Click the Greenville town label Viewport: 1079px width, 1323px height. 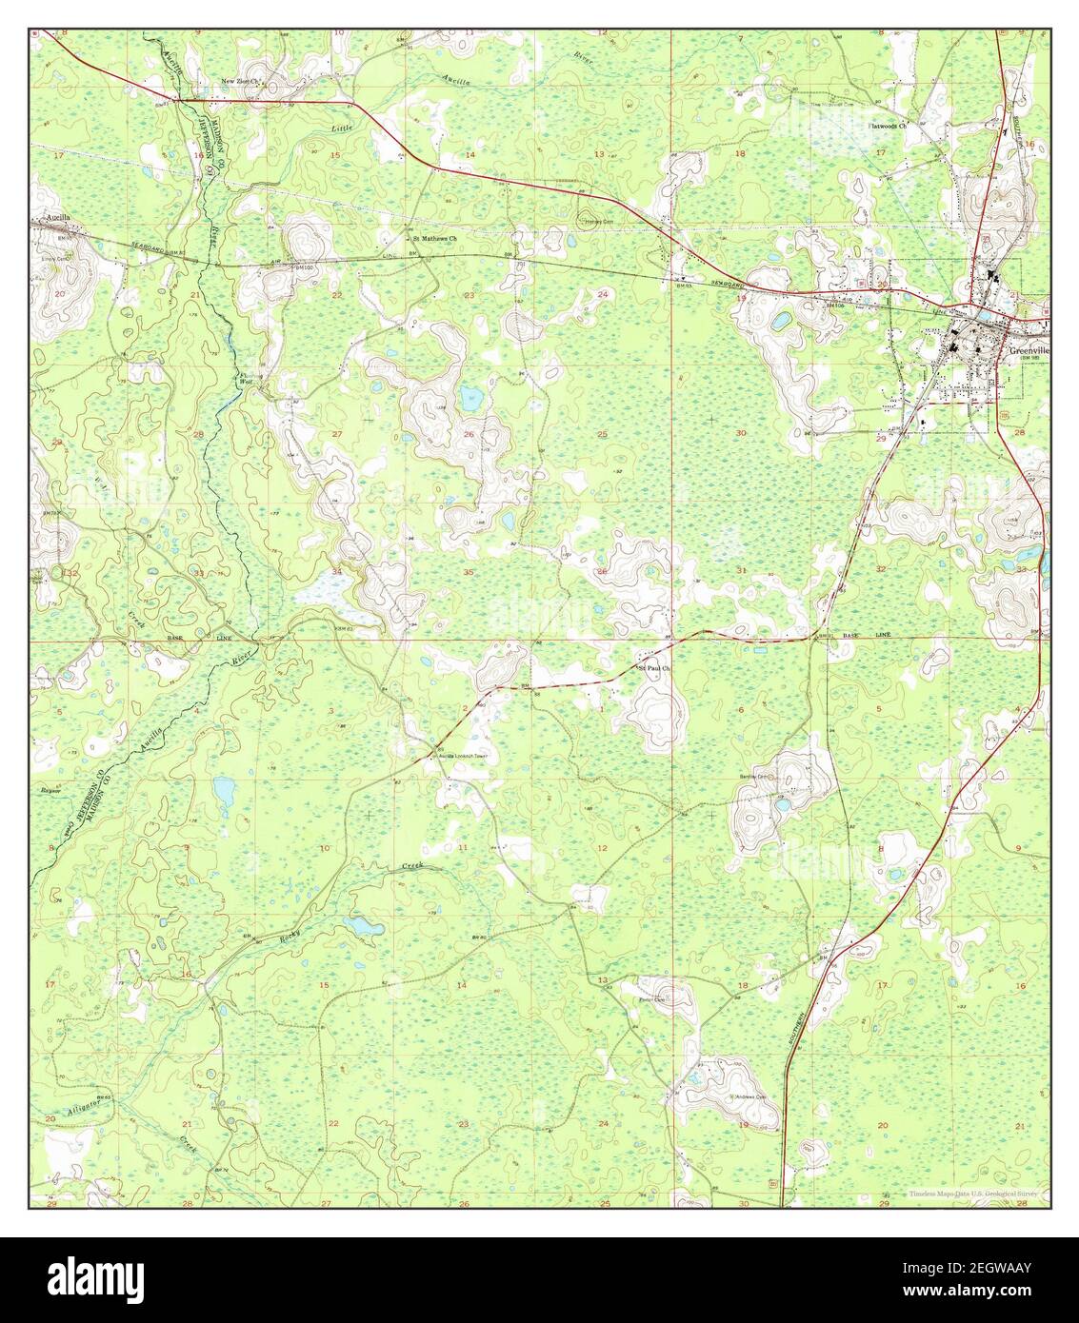[x=1028, y=349]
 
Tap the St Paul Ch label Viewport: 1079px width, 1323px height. [x=655, y=668]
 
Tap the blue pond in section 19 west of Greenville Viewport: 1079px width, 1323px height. [x=780, y=322]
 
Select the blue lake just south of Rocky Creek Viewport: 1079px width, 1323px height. [x=359, y=924]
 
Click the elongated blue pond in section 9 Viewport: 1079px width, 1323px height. [x=224, y=789]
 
